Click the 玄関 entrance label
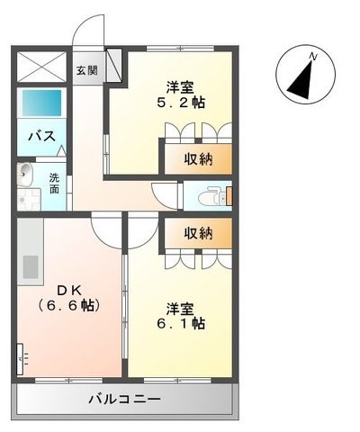[85, 70]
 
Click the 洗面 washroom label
[54, 183]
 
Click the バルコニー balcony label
[124, 399]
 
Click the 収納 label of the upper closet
[198, 159]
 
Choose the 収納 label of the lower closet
[198, 233]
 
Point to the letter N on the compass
[312, 58]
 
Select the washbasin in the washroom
[25, 174]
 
